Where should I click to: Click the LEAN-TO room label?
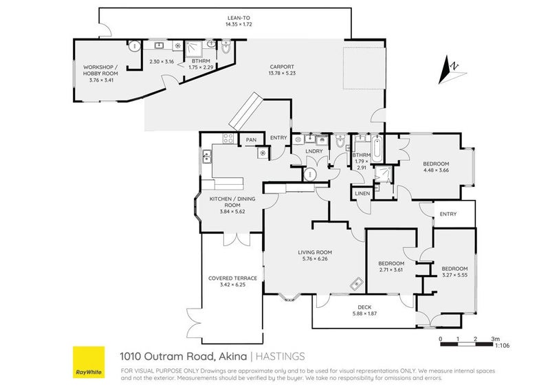point(239,18)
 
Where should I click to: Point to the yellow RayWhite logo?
point(89,362)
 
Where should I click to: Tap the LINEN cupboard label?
point(362,194)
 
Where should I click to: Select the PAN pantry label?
point(251,140)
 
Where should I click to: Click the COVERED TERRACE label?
point(232,278)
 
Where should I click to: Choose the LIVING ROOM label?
point(315,252)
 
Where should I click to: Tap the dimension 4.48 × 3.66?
point(436,170)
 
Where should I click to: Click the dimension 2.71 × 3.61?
point(391,270)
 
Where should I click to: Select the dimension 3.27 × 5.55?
point(454,275)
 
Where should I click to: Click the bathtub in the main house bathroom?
point(377,147)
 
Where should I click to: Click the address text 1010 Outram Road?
point(159,356)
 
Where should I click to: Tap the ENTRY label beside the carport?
point(278,137)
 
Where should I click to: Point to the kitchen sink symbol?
point(206,157)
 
